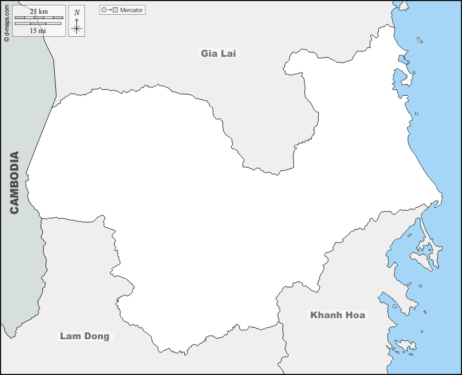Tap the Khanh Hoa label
(337, 315)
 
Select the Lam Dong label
(84, 336)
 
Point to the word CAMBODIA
(14, 183)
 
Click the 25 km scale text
(39, 12)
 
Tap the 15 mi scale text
(38, 31)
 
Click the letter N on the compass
(77, 13)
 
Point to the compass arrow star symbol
(77, 27)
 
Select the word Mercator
(131, 10)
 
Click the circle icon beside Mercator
(104, 10)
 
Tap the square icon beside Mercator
(115, 10)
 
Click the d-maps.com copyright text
(6, 21)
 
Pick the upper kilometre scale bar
(39, 18)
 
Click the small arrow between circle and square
(110, 10)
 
